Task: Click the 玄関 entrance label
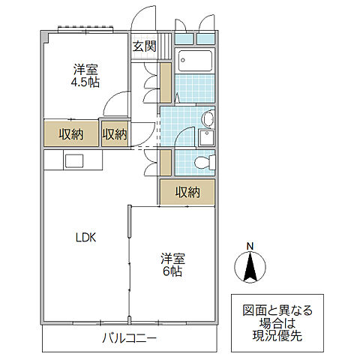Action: click(144, 46)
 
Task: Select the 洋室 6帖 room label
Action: click(172, 264)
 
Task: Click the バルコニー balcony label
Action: click(129, 339)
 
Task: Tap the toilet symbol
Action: click(202, 162)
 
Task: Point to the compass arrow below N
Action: click(251, 268)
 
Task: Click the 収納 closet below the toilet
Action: click(187, 192)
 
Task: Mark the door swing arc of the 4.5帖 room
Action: click(114, 105)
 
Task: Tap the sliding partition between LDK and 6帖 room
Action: click(130, 259)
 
